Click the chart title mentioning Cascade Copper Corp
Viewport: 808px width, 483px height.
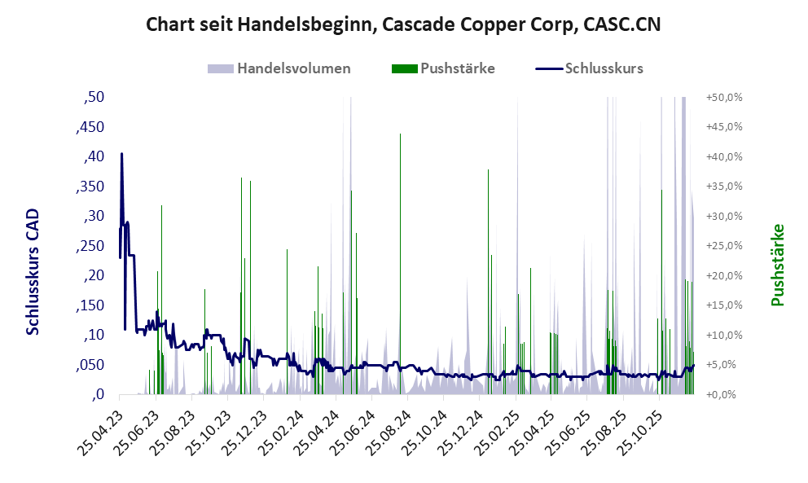tap(403, 24)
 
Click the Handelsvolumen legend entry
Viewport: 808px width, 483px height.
tap(293, 68)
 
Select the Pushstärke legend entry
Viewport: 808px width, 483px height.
tap(457, 68)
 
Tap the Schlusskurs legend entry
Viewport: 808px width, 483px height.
tap(604, 68)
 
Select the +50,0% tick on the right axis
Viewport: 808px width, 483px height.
tap(723, 97)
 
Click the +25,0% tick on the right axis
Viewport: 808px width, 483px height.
tap(723, 246)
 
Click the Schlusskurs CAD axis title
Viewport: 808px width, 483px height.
tap(33, 271)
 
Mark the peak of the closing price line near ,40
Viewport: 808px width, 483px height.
tap(121, 153)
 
